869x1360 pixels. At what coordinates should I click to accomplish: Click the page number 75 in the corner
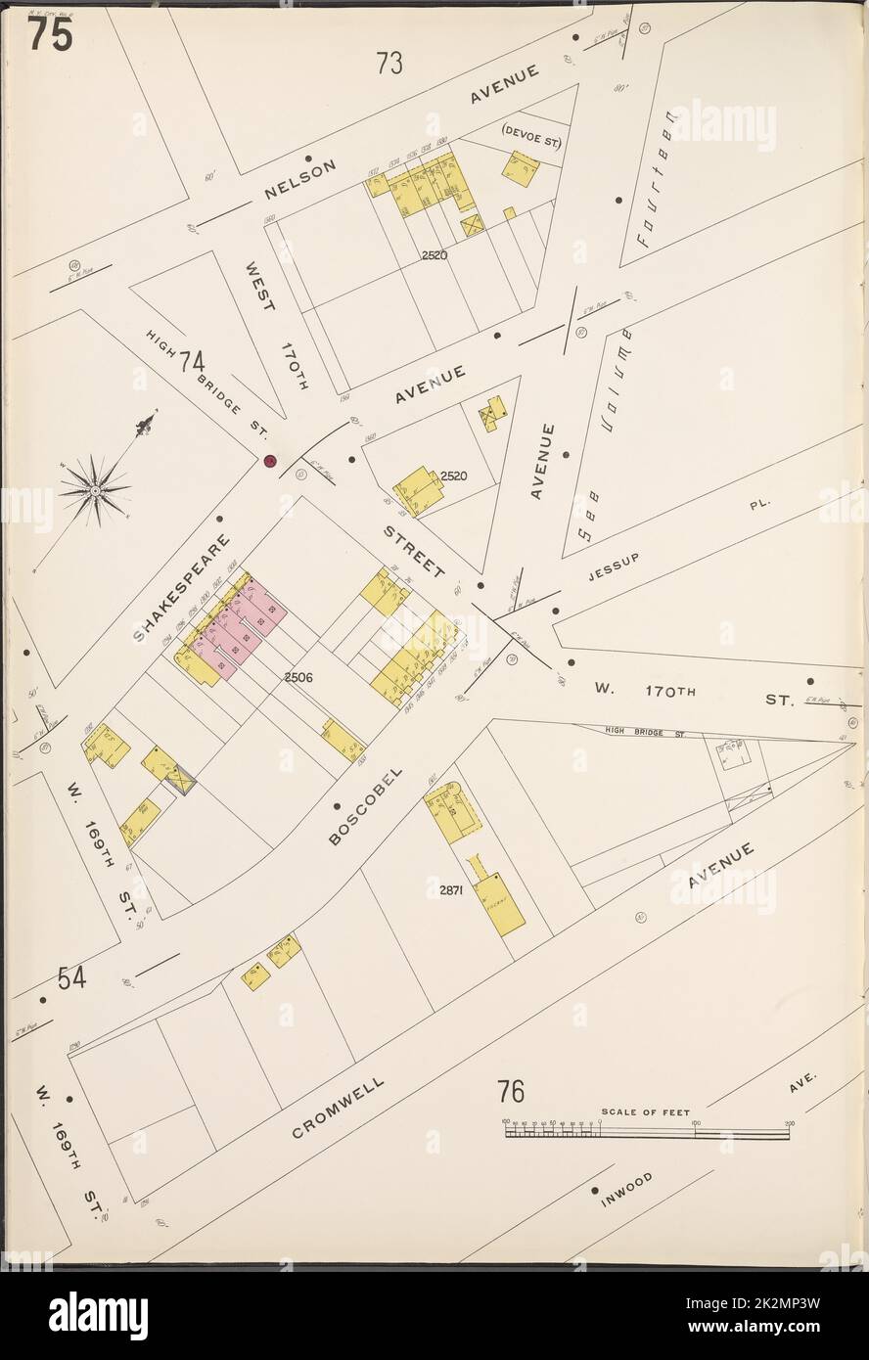pos(49,35)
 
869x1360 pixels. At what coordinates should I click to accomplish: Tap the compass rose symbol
pos(95,486)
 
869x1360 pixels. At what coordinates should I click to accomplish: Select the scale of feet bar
pos(646,1131)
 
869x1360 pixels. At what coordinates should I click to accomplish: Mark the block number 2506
pos(298,677)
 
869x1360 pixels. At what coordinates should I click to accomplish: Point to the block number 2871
pos(444,890)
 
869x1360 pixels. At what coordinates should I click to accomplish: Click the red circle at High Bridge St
pos(269,461)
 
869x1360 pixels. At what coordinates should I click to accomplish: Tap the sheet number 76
pos(511,1090)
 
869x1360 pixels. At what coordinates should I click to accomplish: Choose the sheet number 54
pos(69,976)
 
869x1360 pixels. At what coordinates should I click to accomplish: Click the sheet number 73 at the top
pos(389,65)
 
